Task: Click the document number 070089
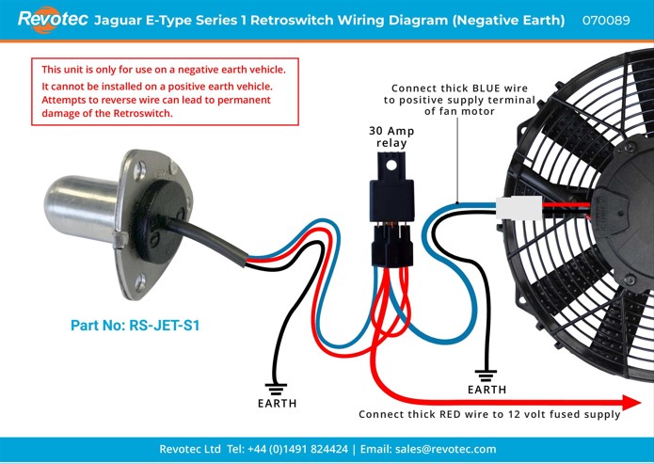[606, 20]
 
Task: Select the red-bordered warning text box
[169, 91]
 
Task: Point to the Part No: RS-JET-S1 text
[136, 327]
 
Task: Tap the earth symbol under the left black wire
[277, 385]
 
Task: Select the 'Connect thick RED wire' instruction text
[489, 414]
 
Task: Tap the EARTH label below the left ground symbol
[277, 404]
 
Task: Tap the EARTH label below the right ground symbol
[487, 390]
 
